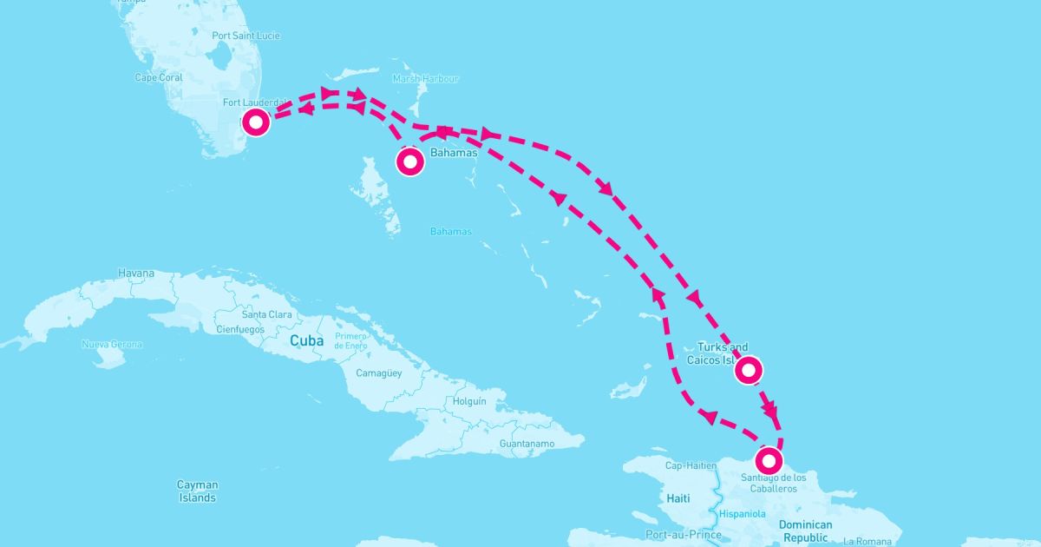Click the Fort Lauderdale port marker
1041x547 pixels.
pos(256,122)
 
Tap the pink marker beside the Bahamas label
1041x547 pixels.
pos(410,162)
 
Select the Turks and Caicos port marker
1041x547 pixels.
pos(749,371)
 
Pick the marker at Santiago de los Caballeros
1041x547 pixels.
pos(769,459)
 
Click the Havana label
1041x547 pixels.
pos(136,273)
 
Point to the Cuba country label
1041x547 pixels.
pos(307,341)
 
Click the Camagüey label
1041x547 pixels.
pos(380,374)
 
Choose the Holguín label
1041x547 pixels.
pos(469,402)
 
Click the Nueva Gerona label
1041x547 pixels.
pos(113,345)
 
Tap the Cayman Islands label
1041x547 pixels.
pos(197,491)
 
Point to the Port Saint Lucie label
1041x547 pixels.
pos(246,36)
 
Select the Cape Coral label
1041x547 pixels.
pos(159,77)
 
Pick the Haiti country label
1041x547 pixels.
pos(678,499)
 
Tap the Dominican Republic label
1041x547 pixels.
pos(805,531)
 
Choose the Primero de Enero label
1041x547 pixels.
pos(351,340)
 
